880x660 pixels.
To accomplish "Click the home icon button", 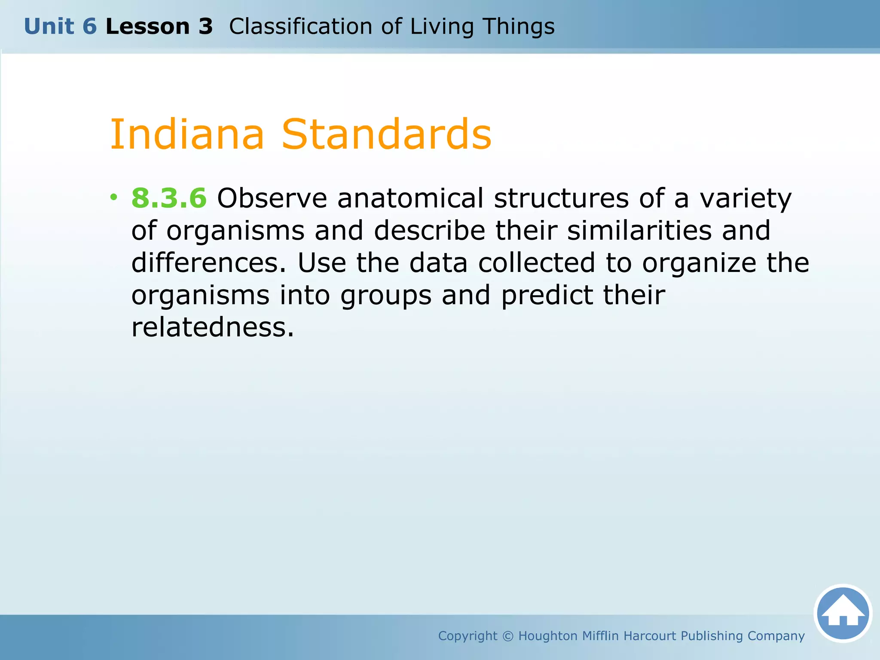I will pos(843,613).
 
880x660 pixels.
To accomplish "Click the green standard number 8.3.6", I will pos(169,198).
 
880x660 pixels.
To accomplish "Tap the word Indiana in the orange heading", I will pos(187,134).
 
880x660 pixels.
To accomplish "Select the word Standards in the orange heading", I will pos(386,134).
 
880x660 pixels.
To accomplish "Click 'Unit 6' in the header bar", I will pos(60,27).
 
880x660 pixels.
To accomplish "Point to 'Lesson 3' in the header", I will pos(159,27).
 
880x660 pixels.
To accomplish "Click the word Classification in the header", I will pos(300,27).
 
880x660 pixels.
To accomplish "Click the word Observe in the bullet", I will pos(272,198).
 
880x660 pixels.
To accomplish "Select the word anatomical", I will pos(410,198).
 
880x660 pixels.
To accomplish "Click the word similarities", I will pos(639,230).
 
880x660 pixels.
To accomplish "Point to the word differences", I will pos(208,263).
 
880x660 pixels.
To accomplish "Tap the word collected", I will pos(537,263).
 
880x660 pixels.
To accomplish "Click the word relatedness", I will pos(212,327).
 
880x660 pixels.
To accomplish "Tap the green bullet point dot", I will pos(113,197).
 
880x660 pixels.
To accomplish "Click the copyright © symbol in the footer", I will pos(507,636).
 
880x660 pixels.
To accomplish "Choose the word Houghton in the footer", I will pos(548,636).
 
